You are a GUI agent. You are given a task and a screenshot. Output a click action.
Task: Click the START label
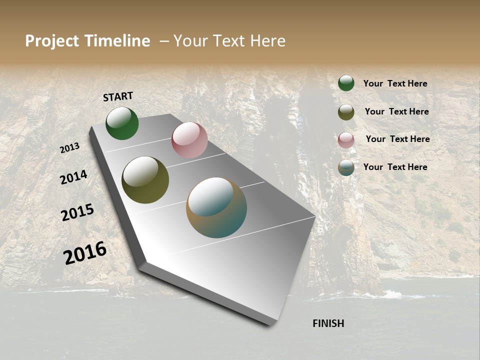click(x=118, y=96)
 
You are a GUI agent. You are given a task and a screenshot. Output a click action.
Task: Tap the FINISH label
click(x=328, y=323)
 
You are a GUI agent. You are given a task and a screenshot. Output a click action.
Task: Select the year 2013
click(x=70, y=148)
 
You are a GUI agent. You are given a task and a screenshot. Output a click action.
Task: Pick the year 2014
click(x=73, y=177)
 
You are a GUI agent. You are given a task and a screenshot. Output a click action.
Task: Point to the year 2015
click(x=77, y=212)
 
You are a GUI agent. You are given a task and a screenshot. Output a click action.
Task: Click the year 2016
click(x=85, y=253)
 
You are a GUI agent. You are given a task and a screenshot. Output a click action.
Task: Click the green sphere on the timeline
click(x=122, y=123)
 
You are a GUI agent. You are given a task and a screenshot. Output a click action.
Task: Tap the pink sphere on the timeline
click(x=189, y=140)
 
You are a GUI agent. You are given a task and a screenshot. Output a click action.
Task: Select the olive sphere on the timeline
click(x=145, y=180)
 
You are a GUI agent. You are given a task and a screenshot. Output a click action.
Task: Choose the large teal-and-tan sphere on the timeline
click(x=216, y=207)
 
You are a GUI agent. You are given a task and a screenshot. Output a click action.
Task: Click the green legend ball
click(x=346, y=83)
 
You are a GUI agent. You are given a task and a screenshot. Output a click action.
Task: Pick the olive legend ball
click(x=346, y=112)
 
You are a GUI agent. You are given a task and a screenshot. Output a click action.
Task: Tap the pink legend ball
click(x=346, y=140)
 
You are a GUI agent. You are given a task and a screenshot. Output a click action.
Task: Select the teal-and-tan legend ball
click(x=346, y=167)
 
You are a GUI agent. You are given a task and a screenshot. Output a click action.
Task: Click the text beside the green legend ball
click(x=395, y=83)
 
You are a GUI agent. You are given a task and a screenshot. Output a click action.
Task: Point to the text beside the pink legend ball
click(x=397, y=139)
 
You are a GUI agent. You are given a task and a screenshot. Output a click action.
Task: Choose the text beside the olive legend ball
click(x=396, y=111)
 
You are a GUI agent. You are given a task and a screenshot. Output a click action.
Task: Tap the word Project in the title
click(x=51, y=41)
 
